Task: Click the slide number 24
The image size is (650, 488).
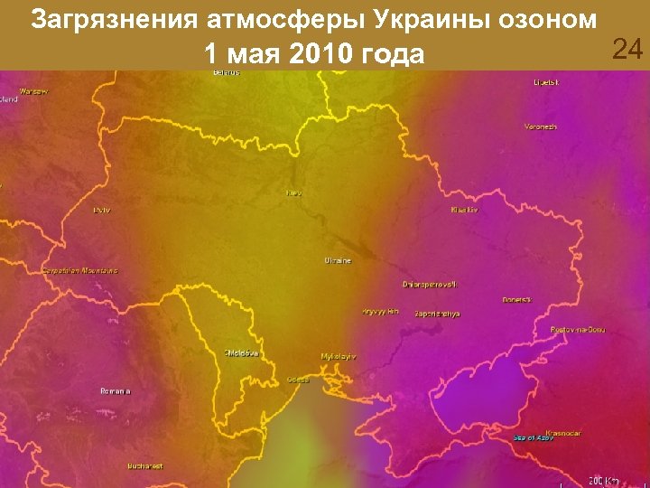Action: click(x=627, y=50)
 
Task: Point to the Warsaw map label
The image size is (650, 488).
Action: click(x=33, y=91)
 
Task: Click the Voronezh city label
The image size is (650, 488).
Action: click(x=540, y=127)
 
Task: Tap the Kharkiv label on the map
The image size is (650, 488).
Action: click(x=464, y=210)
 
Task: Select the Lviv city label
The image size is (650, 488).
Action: click(x=101, y=210)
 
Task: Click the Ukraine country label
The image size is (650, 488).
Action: click(x=338, y=260)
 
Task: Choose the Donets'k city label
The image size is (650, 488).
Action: click(x=517, y=299)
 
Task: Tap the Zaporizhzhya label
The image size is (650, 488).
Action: click(x=437, y=313)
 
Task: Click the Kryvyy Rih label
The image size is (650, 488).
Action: click(x=380, y=311)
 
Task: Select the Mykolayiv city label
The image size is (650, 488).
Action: click(x=339, y=356)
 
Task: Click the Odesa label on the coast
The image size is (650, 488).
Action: click(x=298, y=380)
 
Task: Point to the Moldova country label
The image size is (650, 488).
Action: click(x=242, y=352)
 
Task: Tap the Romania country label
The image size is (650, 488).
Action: click(x=116, y=390)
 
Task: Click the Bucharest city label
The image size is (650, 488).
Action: click(x=145, y=466)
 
